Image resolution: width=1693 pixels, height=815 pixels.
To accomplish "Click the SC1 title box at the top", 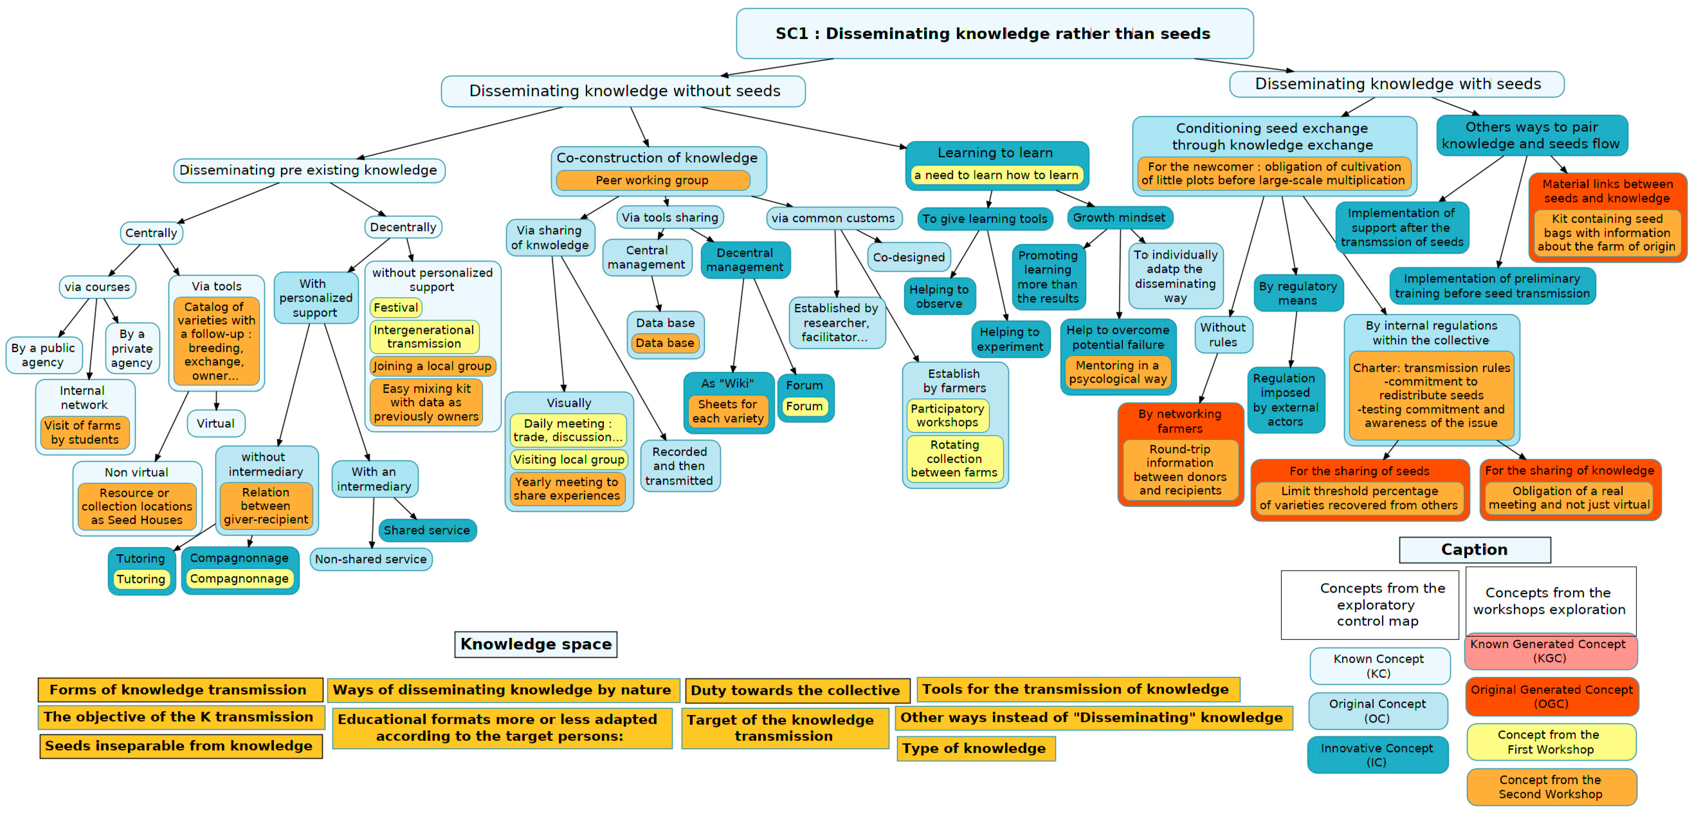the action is pyautogui.click(x=994, y=33).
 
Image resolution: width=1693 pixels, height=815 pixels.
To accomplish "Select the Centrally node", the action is pyautogui.click(x=151, y=233).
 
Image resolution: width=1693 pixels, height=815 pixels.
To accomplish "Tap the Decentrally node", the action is pyautogui.click(x=403, y=227).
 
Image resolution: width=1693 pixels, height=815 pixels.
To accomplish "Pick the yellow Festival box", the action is pyautogui.click(x=396, y=307).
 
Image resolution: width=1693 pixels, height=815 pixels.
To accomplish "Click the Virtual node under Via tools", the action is pyautogui.click(x=216, y=423).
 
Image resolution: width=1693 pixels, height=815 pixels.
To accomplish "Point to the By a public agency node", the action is pyautogui.click(x=44, y=355).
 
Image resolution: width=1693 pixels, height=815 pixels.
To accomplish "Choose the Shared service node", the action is pyautogui.click(x=427, y=530).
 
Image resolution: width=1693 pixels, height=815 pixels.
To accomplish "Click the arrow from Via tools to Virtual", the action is pyautogui.click(x=216, y=401).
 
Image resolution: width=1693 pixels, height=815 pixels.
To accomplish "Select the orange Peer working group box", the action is pyautogui.click(x=652, y=180).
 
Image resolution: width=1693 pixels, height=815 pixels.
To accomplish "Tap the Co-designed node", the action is pyautogui.click(x=909, y=258).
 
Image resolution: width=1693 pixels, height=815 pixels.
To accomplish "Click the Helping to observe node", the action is pyautogui.click(x=939, y=296).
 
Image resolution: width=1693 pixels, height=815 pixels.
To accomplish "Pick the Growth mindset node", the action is pyautogui.click(x=1119, y=218).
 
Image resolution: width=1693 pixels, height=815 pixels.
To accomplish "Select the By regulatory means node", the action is pyautogui.click(x=1298, y=293).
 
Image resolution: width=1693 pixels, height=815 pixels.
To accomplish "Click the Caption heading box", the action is pyautogui.click(x=1475, y=550).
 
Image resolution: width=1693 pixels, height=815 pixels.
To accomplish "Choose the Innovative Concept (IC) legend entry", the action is pyautogui.click(x=1377, y=755).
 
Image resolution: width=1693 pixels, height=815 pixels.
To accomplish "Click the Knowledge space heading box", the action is pyautogui.click(x=536, y=644).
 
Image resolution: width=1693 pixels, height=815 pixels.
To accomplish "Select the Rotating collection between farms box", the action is pyautogui.click(x=954, y=459).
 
